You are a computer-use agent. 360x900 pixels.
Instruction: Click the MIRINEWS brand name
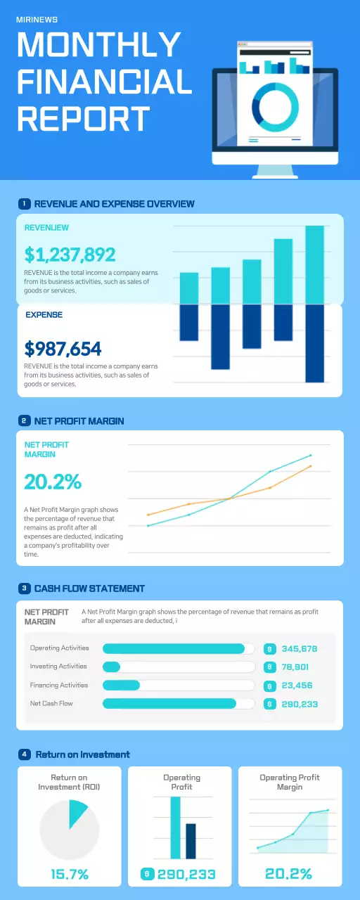point(37,20)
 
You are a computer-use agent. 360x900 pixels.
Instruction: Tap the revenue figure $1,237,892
point(70,255)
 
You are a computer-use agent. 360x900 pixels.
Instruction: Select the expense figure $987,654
point(63,349)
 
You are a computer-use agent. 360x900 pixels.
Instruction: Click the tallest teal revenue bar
point(314,265)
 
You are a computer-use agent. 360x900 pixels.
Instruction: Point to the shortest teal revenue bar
point(189,288)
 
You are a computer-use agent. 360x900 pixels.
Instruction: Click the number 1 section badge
point(24,204)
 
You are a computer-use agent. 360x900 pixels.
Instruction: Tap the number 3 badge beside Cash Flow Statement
point(25,588)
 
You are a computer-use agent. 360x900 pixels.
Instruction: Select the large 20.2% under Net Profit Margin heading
point(53,482)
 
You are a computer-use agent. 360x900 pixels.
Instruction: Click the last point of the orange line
point(310,466)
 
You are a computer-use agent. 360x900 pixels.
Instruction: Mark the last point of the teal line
point(310,456)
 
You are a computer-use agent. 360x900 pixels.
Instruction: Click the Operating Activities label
point(59,648)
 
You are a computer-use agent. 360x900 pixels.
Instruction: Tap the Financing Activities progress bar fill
point(121,685)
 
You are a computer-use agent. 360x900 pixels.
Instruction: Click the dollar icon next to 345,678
point(269,648)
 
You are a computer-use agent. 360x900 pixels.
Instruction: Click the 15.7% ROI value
point(70,875)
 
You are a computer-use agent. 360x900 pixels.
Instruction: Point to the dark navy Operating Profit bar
point(191,841)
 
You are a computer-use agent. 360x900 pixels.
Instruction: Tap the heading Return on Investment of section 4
point(82,754)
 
